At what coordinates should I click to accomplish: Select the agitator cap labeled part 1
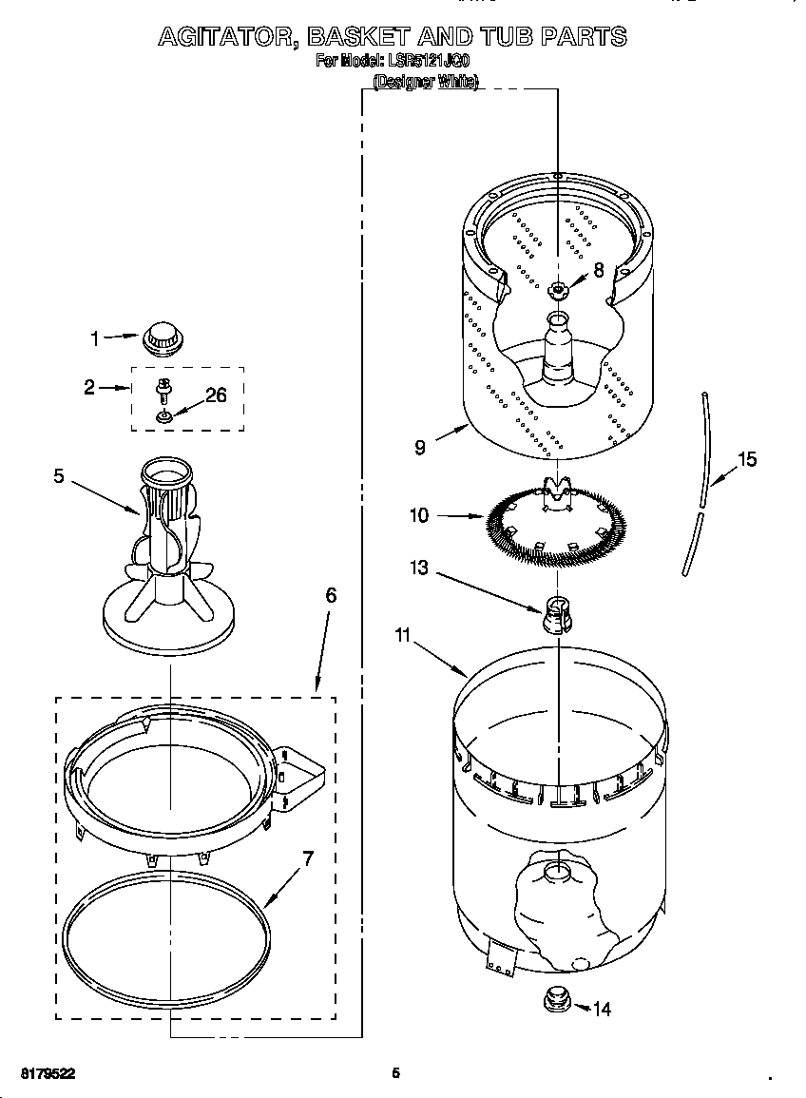(x=161, y=336)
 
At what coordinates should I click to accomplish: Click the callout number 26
(x=216, y=395)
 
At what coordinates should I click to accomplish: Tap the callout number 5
(x=59, y=476)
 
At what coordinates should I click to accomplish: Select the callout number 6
(x=330, y=595)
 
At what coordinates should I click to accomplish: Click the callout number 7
(x=307, y=858)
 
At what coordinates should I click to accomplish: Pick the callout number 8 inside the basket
(x=598, y=270)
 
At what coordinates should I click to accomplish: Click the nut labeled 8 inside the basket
(x=557, y=289)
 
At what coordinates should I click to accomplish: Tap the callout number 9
(x=420, y=447)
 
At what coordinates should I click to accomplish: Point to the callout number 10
(x=419, y=516)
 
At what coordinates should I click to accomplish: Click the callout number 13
(x=419, y=568)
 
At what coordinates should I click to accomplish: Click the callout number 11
(x=403, y=635)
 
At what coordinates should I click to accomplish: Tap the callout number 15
(x=747, y=460)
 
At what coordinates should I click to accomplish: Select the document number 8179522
(x=47, y=1073)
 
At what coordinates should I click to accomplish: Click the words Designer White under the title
(x=425, y=82)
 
